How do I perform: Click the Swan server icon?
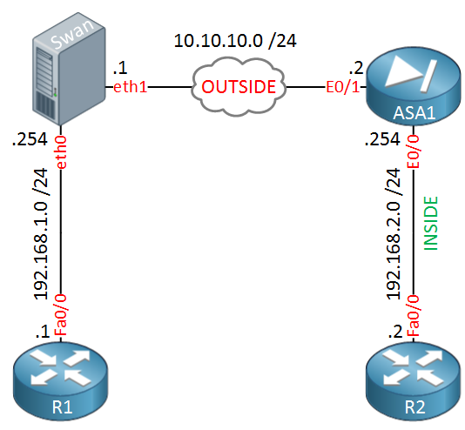coord(69,69)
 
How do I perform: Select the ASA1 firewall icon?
coord(414,86)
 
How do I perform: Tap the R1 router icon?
coord(60,381)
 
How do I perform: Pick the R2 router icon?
coord(414,381)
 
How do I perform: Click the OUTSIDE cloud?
coord(239,86)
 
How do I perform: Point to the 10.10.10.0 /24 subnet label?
coord(235,41)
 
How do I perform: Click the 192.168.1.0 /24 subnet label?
coord(41,234)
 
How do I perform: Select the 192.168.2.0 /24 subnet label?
coord(394,234)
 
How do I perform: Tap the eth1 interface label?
coord(131,87)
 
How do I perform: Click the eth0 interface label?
coord(61,152)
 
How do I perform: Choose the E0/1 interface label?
coord(343,87)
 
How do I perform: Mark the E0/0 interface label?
coord(414,151)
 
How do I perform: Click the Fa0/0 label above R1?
coord(61,315)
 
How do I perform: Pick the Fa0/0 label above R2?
coord(414,315)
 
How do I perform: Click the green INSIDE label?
coord(431,224)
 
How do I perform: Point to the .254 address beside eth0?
coord(30,139)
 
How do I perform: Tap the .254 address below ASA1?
coord(382,139)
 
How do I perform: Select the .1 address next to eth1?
coord(120,68)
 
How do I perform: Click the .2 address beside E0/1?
coord(356,68)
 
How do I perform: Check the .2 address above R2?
coord(395,332)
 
